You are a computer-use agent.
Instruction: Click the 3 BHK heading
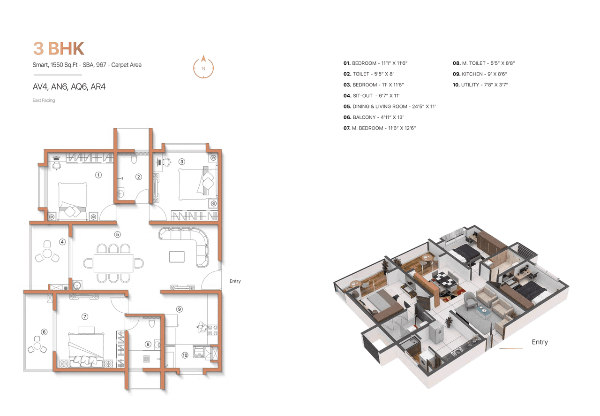coord(58,48)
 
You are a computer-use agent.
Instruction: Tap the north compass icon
coord(203,67)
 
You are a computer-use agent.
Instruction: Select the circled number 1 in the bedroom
coord(98,175)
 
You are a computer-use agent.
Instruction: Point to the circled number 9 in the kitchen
coord(179,309)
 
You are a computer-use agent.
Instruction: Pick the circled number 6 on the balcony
coord(44,332)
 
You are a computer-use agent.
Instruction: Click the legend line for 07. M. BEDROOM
coord(380,128)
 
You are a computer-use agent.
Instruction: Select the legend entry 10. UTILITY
coord(480,85)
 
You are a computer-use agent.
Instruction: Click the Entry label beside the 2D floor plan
coord(235,281)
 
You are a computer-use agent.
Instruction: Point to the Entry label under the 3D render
coord(540,342)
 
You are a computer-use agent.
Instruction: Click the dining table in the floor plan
coord(113,263)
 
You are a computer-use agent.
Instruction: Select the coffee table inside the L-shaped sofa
coord(177,256)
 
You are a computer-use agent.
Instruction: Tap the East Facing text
coord(44,100)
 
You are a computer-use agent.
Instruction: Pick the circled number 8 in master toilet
coord(148,344)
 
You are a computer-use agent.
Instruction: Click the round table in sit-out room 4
coord(47,254)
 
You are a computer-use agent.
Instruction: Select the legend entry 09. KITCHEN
coord(480,74)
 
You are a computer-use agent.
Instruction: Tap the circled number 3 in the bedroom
coord(182,162)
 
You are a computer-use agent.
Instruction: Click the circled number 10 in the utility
coord(185,355)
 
